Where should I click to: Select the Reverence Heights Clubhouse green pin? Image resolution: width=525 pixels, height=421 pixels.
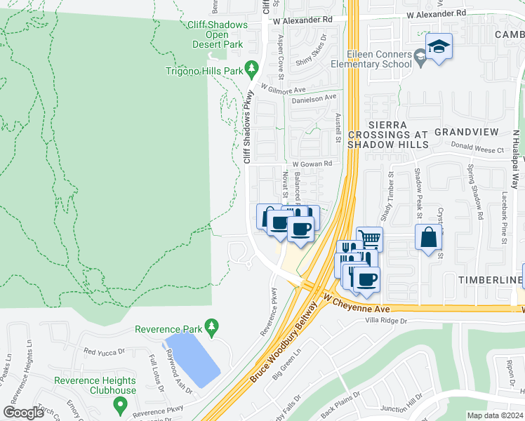119,404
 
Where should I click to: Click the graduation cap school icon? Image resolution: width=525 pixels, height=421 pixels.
439,47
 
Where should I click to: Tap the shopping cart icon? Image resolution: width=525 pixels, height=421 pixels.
369,239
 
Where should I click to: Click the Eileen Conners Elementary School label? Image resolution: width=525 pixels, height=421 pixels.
379,59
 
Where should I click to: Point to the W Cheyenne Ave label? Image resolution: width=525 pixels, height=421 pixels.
357,304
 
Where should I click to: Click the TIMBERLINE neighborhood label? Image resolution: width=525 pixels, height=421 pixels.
491,280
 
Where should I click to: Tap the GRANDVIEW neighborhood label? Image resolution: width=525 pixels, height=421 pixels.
466,132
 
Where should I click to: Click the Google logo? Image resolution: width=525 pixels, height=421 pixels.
23,412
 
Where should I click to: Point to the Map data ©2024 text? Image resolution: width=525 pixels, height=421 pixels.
494,415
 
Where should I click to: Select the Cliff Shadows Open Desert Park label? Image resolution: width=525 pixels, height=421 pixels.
218,34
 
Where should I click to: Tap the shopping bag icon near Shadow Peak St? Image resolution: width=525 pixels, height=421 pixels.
428,238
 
